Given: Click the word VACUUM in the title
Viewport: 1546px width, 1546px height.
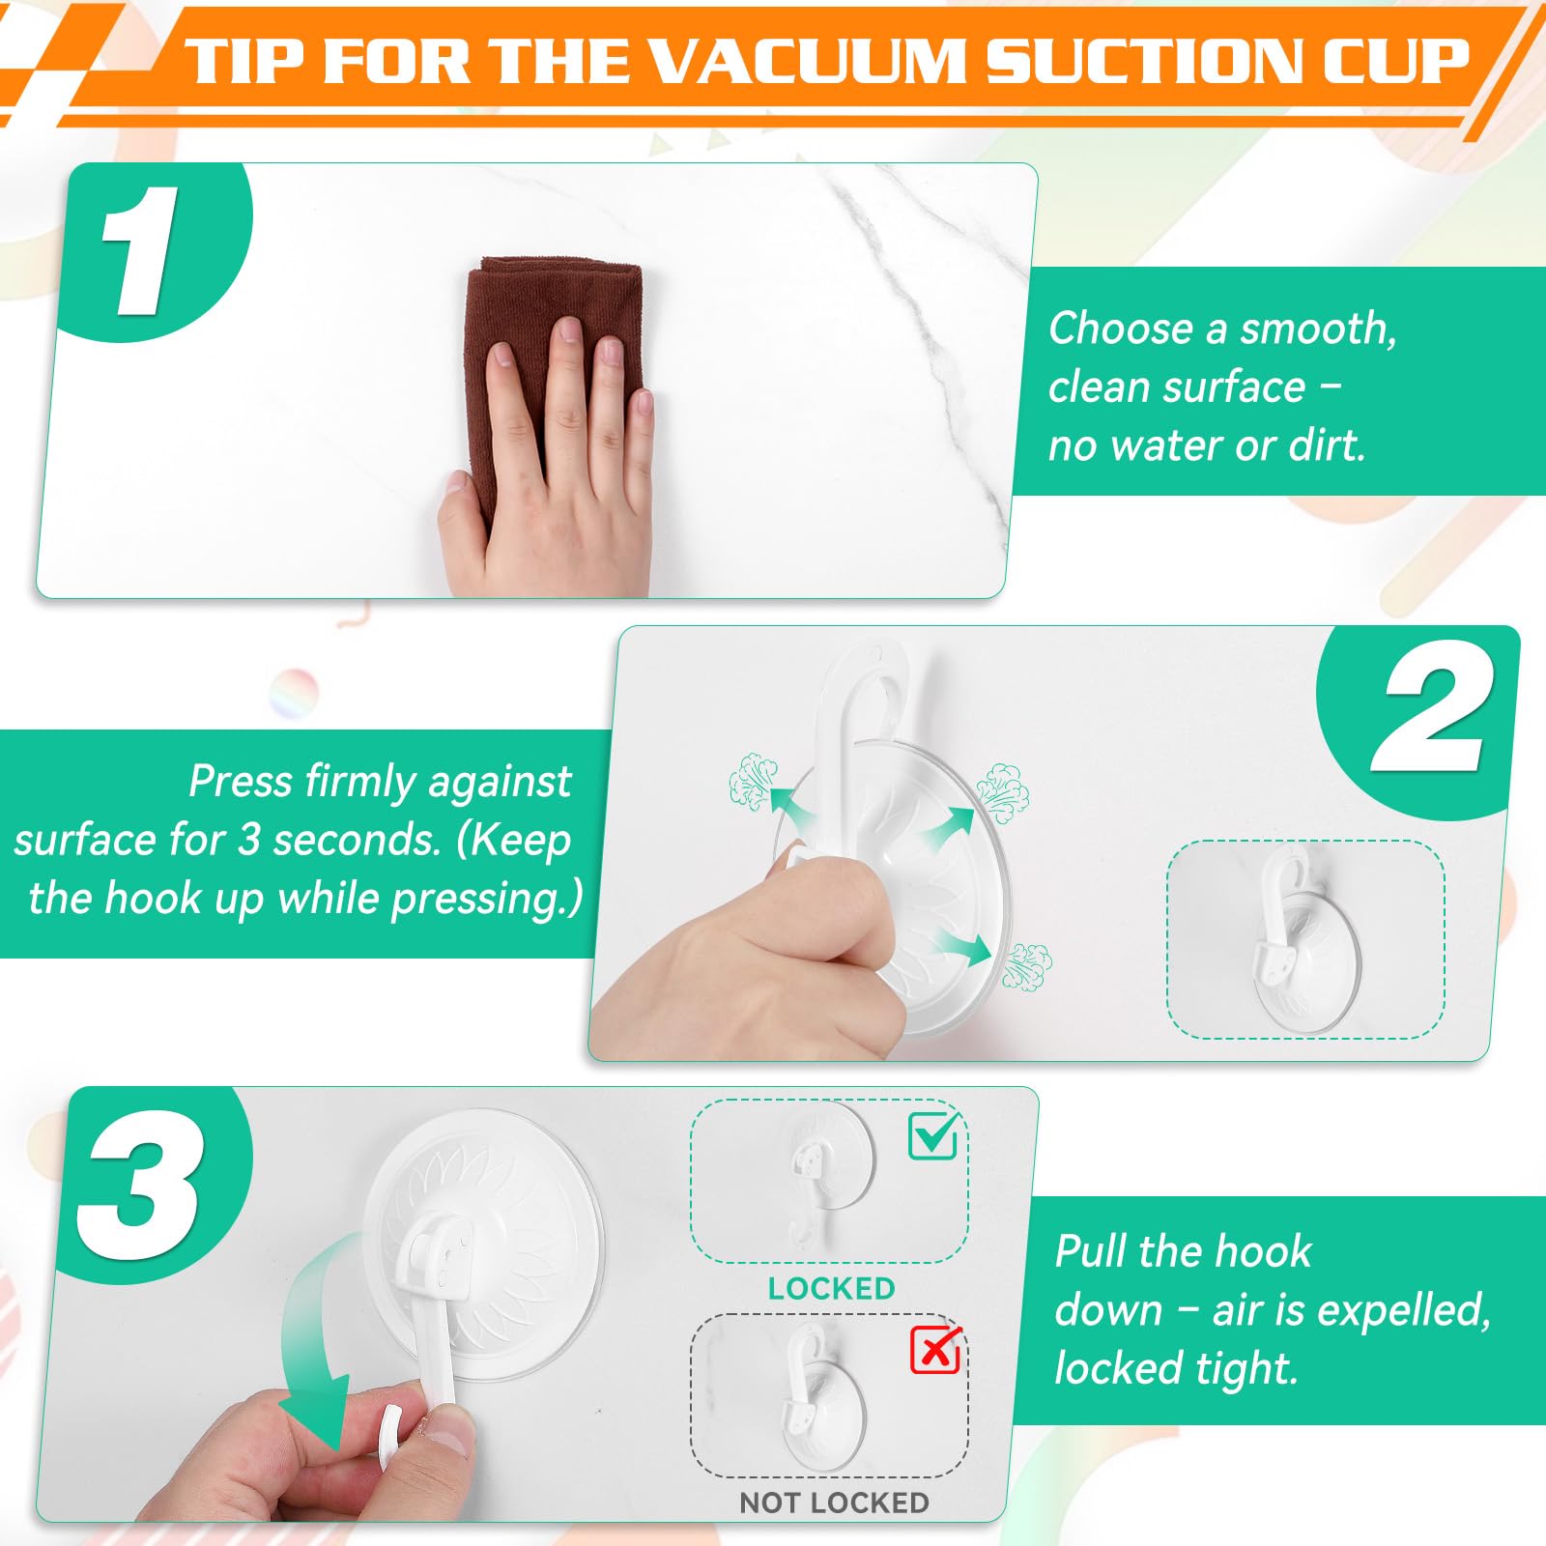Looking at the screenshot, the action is click(x=808, y=61).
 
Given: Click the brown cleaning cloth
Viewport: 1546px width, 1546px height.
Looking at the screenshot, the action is click(x=551, y=367).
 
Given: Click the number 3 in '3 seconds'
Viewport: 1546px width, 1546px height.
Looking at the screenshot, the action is click(x=249, y=840).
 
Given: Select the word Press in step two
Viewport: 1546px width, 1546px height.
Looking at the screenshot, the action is click(x=240, y=781).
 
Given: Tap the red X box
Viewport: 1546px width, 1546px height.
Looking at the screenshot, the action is click(x=935, y=1350).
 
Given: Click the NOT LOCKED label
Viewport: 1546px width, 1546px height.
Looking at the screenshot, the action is click(x=834, y=1503).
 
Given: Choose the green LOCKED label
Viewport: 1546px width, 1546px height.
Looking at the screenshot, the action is click(x=831, y=1288).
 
